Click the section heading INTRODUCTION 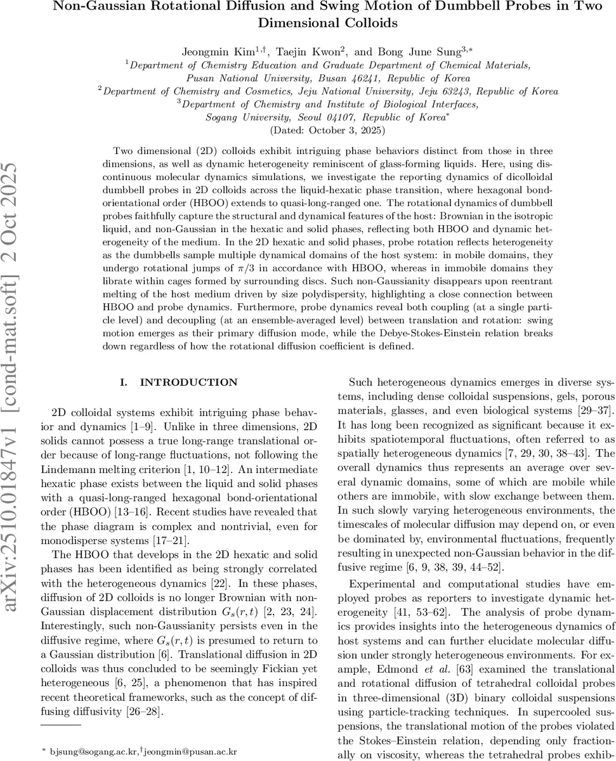click(188, 382)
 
